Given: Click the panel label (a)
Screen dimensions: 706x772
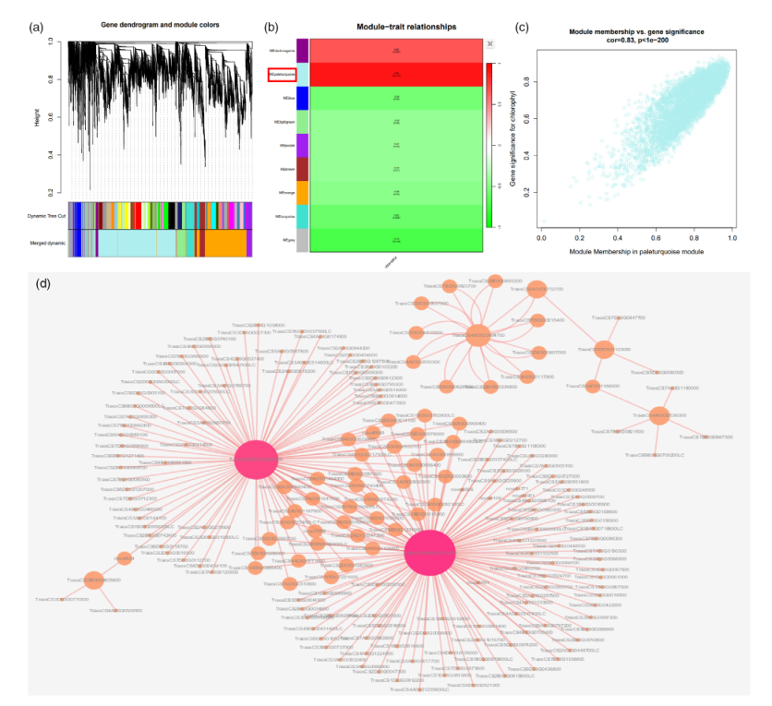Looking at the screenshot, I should [x=38, y=28].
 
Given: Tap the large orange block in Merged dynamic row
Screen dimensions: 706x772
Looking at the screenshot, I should [x=225, y=243].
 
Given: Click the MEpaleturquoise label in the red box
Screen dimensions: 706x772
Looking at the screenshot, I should [x=282, y=74].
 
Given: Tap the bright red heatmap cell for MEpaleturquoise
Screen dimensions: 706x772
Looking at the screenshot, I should [x=395, y=74].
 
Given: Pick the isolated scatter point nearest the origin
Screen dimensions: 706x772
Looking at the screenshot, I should [x=545, y=221].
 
